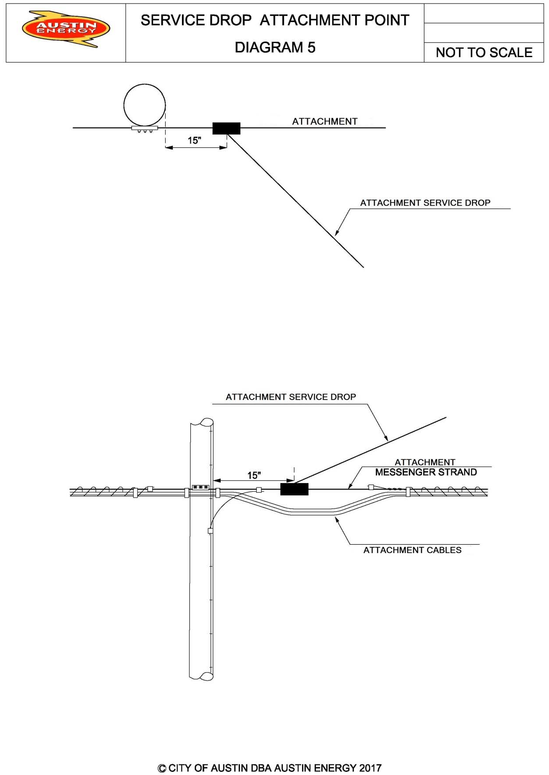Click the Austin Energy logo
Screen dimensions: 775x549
coord(66,29)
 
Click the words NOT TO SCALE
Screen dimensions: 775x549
coord(484,52)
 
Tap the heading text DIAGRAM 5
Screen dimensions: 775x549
coord(275,47)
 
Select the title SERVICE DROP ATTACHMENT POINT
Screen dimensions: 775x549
coord(275,20)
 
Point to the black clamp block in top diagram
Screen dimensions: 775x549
coord(226,128)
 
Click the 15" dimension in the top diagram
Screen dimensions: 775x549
coord(194,141)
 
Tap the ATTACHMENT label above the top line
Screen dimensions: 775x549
coord(325,121)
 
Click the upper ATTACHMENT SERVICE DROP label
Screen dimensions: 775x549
coord(425,203)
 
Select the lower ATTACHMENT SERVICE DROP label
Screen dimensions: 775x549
coord(291,397)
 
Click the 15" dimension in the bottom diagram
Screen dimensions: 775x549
coord(254,475)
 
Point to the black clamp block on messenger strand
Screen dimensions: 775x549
coord(294,489)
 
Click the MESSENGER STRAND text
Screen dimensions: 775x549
coord(425,472)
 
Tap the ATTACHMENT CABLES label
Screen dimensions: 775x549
coord(412,550)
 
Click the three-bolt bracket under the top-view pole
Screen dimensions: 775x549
coord(145,129)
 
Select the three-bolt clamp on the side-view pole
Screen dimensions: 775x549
coord(200,487)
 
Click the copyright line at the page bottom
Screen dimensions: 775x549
coord(269,768)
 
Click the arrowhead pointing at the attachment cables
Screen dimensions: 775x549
coord(337,520)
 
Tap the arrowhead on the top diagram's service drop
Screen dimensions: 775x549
coord(337,233)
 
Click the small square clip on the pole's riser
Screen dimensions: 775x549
coord(210,531)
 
